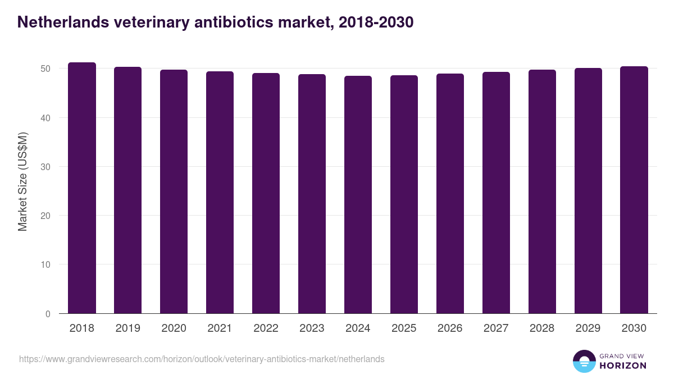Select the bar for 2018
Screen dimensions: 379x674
tap(82, 188)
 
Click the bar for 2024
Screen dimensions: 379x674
tap(358, 195)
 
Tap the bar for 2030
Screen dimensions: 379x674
tap(634, 190)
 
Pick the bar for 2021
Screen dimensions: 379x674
tap(220, 193)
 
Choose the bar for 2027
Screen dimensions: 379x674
tap(496, 193)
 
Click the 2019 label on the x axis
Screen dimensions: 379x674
tap(127, 328)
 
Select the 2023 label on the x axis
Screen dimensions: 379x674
tap(312, 328)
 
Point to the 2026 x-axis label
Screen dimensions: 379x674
tap(450, 328)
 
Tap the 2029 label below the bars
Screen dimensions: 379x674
tap(588, 328)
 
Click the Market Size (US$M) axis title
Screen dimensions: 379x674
tap(22, 181)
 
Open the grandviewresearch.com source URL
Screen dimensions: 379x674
tap(202, 359)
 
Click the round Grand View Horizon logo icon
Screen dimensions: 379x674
tap(584, 361)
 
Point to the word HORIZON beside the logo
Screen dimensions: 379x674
tap(623, 366)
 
